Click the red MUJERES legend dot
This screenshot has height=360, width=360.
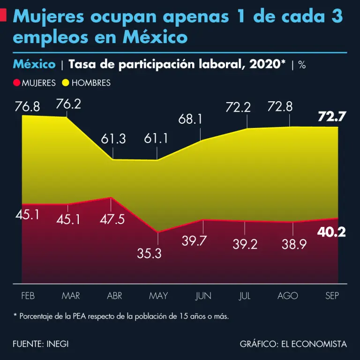[x=17, y=83]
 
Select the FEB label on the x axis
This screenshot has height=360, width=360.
[x=28, y=296]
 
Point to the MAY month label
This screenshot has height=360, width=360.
[x=158, y=296]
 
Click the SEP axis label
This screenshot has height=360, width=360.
[x=332, y=296]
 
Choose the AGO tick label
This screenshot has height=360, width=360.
[x=287, y=296]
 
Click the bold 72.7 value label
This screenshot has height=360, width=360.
[x=331, y=117]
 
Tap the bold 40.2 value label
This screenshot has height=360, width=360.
[x=331, y=232]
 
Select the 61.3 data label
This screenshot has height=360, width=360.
[x=113, y=139]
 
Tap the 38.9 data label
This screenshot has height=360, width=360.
[x=294, y=244]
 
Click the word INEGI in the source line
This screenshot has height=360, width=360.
[x=58, y=344]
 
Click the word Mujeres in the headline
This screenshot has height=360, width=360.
[x=49, y=17]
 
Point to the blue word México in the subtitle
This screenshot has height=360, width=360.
[x=34, y=64]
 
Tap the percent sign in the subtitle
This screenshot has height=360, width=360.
[x=302, y=65]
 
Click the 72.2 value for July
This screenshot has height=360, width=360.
[x=238, y=107]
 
